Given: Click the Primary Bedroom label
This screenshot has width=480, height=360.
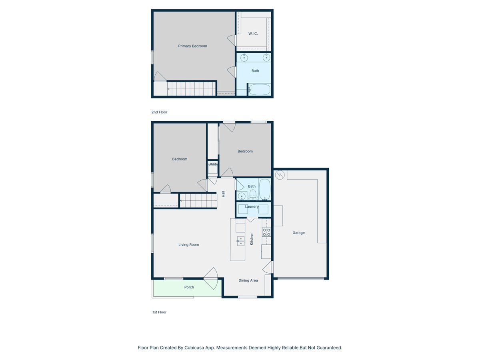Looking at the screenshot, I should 192,46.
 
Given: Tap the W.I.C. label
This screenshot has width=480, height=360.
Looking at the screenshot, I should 253,34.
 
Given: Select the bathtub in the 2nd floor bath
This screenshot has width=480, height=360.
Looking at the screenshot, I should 259,89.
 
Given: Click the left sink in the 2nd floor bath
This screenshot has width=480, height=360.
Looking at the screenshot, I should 244,58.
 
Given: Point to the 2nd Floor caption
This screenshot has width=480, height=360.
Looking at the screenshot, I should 159,112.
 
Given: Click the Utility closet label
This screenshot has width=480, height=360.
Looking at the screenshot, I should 213,164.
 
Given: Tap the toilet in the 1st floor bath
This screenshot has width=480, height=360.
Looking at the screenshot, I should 253,195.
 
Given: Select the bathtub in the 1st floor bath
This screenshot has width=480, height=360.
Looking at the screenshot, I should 265,189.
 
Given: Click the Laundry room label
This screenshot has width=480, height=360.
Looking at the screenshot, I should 252,206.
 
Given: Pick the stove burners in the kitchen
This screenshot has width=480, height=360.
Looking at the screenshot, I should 266,232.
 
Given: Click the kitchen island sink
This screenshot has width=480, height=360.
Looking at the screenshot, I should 240,240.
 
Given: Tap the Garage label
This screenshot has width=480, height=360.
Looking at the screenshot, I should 298,233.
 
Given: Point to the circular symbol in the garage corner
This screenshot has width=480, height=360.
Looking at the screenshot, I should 280,174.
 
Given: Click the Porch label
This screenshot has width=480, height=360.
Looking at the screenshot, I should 189,287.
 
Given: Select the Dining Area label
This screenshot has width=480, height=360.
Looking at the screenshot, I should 248,280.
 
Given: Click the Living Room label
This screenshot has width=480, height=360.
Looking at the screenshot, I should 188,245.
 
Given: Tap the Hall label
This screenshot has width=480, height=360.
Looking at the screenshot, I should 223,194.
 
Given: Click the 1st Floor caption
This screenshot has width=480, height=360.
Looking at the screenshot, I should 159,312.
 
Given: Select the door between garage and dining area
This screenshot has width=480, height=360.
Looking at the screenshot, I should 268,267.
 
